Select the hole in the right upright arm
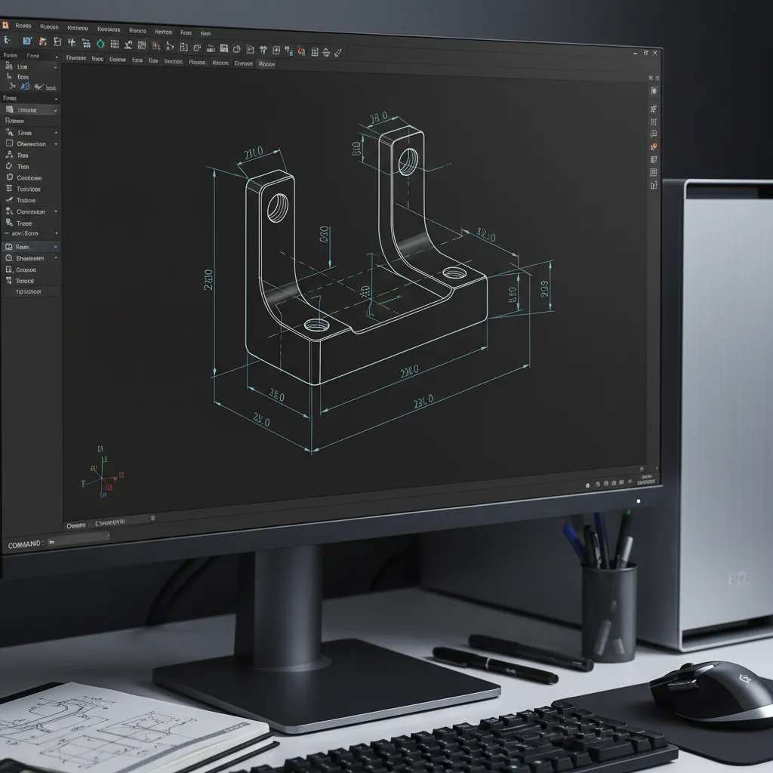tap(408, 161)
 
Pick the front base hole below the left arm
tap(316, 326)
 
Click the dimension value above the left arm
tap(254, 153)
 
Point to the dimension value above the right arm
tap(378, 118)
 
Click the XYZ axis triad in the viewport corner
tap(104, 476)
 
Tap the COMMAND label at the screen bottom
tap(26, 544)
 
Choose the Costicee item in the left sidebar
tap(29, 178)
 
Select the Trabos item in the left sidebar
tap(26, 200)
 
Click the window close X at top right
tap(655, 53)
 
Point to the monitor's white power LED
tap(638, 500)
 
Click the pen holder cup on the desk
tap(608, 611)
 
